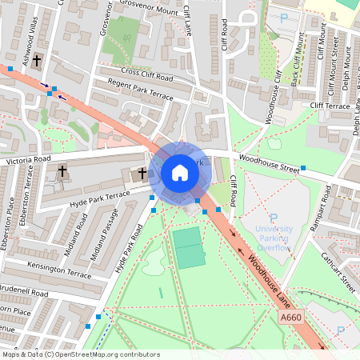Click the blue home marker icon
[180, 172]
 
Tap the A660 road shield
[293, 318]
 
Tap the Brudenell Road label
[24, 295]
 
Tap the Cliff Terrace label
[330, 106]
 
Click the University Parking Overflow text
[274, 238]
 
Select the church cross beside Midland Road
[62, 171]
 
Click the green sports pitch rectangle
[189, 247]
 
